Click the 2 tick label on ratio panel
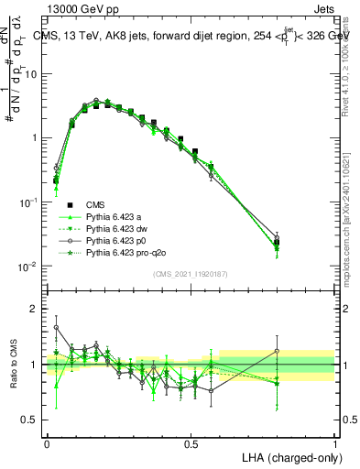(x=34, y=309)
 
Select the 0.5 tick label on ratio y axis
(x=29, y=420)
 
